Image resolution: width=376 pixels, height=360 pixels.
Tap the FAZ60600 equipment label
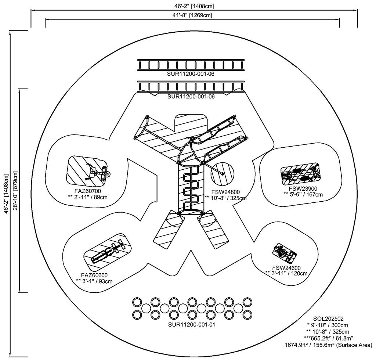click(94, 275)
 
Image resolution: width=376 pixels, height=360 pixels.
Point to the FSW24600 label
click(287, 267)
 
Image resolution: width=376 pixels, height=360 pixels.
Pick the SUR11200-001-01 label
click(191, 325)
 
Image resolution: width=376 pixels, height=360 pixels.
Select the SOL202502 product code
click(328, 318)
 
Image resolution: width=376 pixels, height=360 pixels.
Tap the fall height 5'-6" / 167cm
click(303, 194)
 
